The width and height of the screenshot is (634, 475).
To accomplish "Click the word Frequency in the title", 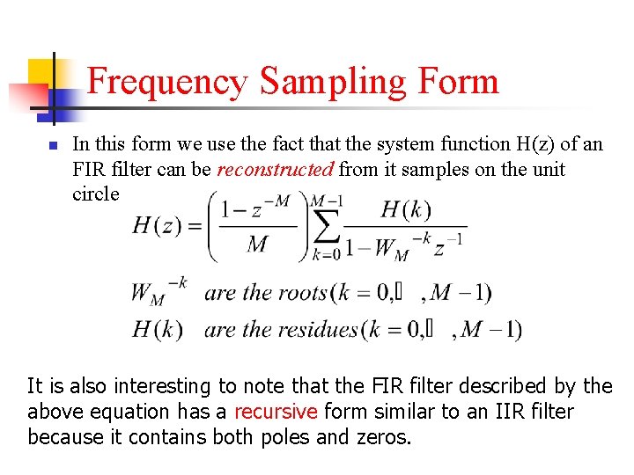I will click(x=168, y=82).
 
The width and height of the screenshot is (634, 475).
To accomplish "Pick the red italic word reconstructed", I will click(x=275, y=169).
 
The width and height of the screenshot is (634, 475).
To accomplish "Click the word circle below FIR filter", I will click(x=95, y=194).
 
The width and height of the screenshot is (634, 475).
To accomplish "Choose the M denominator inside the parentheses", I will click(x=258, y=244).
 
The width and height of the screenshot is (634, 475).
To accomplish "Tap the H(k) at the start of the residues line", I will click(x=158, y=330).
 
